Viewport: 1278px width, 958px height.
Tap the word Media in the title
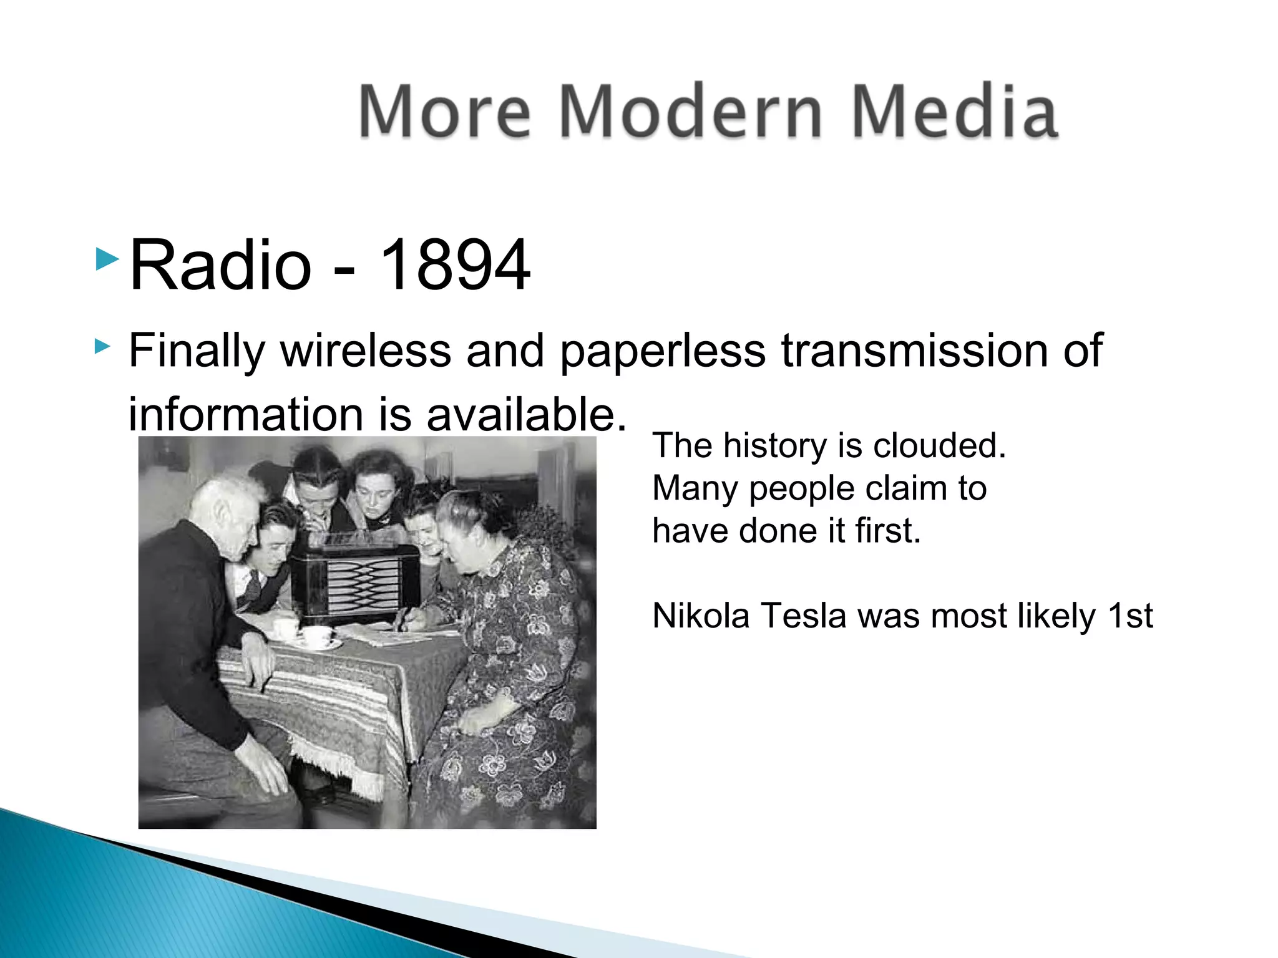coord(954,112)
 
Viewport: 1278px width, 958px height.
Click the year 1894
coord(455,265)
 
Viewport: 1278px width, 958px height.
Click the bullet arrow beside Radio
coord(107,259)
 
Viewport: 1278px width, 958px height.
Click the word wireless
coord(366,351)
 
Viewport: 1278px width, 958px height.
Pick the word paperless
coord(662,352)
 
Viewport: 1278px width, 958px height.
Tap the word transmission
coord(914,351)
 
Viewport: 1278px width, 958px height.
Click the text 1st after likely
coord(1130,616)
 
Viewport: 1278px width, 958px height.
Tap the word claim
coord(887,488)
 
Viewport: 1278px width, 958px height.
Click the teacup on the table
coord(316,637)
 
